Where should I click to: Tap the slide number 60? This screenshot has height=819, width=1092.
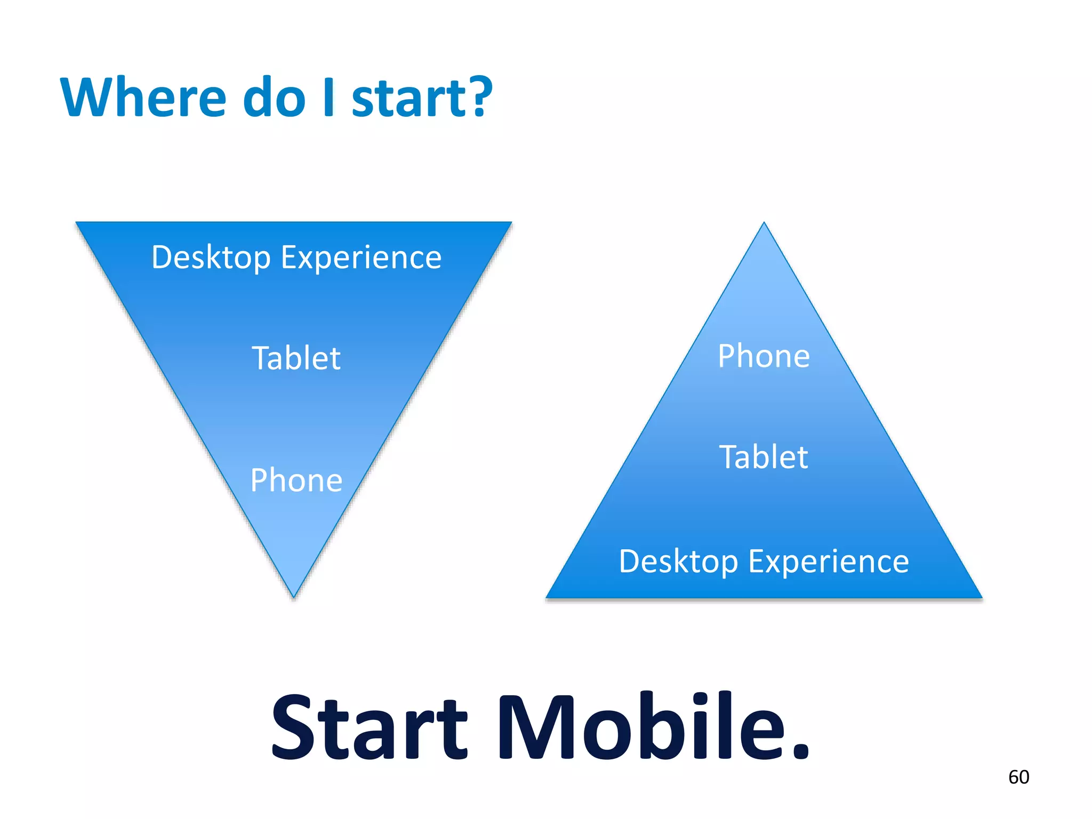click(x=1018, y=777)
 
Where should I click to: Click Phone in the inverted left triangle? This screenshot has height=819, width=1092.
click(x=296, y=480)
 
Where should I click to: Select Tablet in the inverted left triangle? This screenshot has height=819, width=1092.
click(x=296, y=358)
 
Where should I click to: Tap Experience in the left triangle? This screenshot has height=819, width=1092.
click(x=361, y=258)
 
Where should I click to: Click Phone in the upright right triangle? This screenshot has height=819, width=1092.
click(x=764, y=356)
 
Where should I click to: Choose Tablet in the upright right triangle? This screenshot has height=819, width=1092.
click(x=764, y=457)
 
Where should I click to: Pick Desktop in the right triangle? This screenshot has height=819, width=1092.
click(x=678, y=562)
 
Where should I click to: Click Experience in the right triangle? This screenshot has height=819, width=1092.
click(x=829, y=562)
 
